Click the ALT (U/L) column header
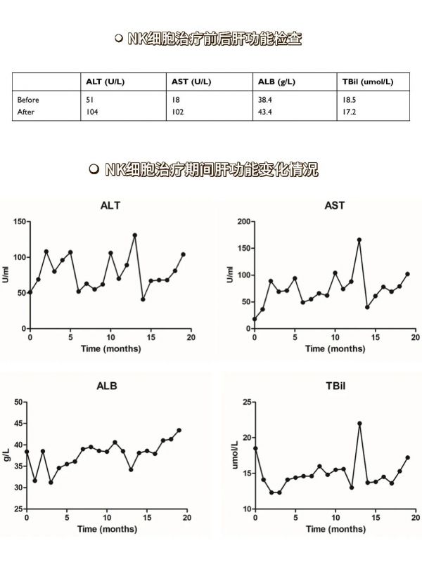[x=105, y=81]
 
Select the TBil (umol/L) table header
[x=367, y=81]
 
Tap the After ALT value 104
[x=92, y=112]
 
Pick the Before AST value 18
[x=176, y=100]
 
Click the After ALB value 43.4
[x=265, y=112]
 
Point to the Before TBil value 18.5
[x=349, y=100]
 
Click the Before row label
[x=28, y=100]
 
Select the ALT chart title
[x=110, y=205]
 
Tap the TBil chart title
[x=335, y=386]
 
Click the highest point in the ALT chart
[x=135, y=235]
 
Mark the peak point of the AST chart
[x=359, y=240]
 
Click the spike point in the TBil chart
[x=359, y=424]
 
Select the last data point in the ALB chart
[x=179, y=430]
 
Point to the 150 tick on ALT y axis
[x=20, y=221]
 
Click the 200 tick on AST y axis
[x=244, y=221]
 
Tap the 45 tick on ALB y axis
[x=18, y=424]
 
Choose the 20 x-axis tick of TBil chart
[x=416, y=518]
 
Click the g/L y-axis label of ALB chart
[x=7, y=455]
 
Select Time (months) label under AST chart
[x=335, y=348]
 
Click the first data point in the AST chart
[x=255, y=319]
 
